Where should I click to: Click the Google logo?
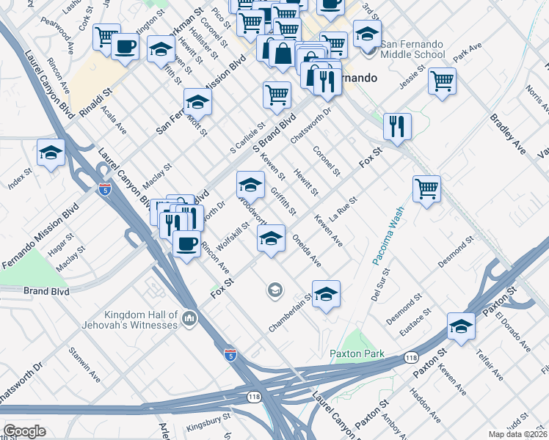click(x=23, y=431)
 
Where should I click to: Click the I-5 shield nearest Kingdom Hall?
click(x=230, y=354)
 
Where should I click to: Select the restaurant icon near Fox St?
click(x=397, y=125)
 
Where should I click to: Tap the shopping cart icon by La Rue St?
click(x=426, y=188)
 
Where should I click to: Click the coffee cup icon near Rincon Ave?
click(x=186, y=243)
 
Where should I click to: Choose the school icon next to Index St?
click(x=51, y=153)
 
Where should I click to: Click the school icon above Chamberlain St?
click(x=326, y=294)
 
